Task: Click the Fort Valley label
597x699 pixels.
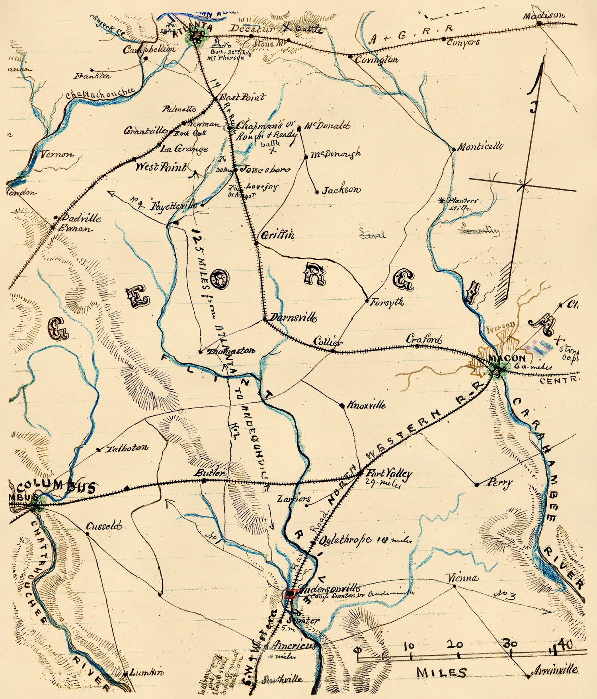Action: point(389,473)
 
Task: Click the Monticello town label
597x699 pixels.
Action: point(480,146)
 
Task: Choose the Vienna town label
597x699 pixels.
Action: point(462,578)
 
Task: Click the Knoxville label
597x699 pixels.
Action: point(366,405)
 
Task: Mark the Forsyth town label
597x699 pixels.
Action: point(386,302)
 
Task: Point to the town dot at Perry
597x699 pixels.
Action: point(477,485)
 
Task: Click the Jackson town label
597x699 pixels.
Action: point(341,190)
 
